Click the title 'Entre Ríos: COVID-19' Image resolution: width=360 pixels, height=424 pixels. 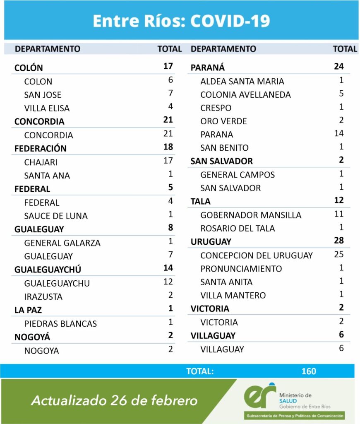point(181,21)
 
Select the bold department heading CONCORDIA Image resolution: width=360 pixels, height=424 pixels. point(39,122)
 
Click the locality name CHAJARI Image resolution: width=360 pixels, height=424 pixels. point(41,162)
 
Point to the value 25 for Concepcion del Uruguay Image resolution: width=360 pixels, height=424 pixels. point(339,254)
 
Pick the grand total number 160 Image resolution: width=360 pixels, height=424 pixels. point(309,371)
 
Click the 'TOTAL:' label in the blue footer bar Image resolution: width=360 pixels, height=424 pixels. point(200,371)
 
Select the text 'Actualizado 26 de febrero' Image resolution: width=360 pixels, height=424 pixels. point(114,400)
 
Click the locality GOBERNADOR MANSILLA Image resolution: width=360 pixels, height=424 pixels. point(251,215)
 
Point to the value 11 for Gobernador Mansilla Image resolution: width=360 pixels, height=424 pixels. point(339,214)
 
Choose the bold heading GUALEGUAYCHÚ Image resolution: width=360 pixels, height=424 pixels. point(48,270)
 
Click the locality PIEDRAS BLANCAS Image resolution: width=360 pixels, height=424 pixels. point(60,324)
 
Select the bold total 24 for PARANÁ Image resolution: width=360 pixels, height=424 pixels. point(339,66)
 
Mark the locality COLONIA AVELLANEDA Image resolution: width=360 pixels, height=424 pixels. point(245,95)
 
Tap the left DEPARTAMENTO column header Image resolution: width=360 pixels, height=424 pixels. point(48,49)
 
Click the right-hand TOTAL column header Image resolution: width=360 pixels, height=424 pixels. point(345,49)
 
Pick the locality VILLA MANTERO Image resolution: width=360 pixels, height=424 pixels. point(233,295)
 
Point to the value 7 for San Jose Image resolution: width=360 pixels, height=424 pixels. point(170,93)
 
